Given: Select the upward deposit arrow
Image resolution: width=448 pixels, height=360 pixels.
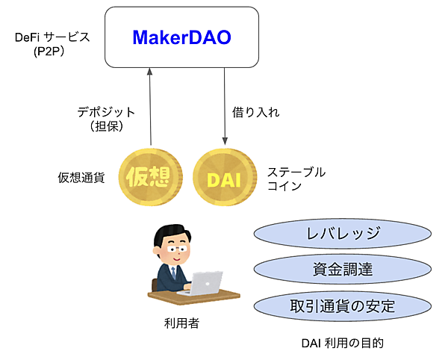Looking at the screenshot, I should (x=151, y=105).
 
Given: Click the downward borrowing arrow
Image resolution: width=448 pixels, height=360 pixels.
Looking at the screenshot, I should (x=225, y=105).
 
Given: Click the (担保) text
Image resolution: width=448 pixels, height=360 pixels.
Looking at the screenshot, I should (x=106, y=126).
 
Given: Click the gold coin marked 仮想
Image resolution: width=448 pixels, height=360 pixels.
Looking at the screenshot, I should (x=152, y=178).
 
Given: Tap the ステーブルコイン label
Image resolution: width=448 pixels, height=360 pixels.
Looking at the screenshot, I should (x=296, y=179).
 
